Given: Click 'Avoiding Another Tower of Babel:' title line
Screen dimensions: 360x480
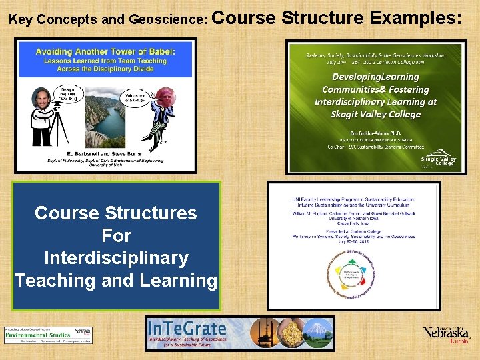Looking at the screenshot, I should [x=106, y=51].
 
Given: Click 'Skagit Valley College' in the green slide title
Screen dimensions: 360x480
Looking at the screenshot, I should [x=376, y=114].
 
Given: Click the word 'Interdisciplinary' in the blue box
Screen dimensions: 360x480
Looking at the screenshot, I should [x=116, y=258].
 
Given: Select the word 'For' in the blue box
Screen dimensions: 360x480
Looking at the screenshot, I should [x=116, y=235].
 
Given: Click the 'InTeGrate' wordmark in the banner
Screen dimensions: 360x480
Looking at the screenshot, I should [x=189, y=329].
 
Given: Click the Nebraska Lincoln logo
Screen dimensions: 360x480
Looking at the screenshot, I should [x=446, y=333].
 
